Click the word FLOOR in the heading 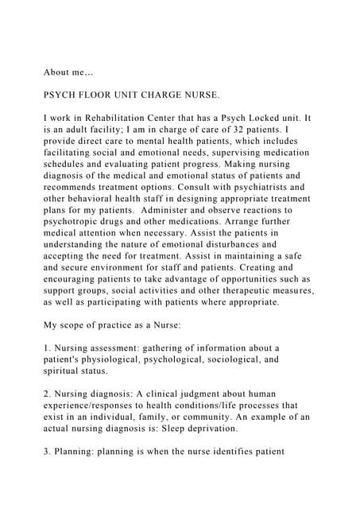point(103,93)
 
